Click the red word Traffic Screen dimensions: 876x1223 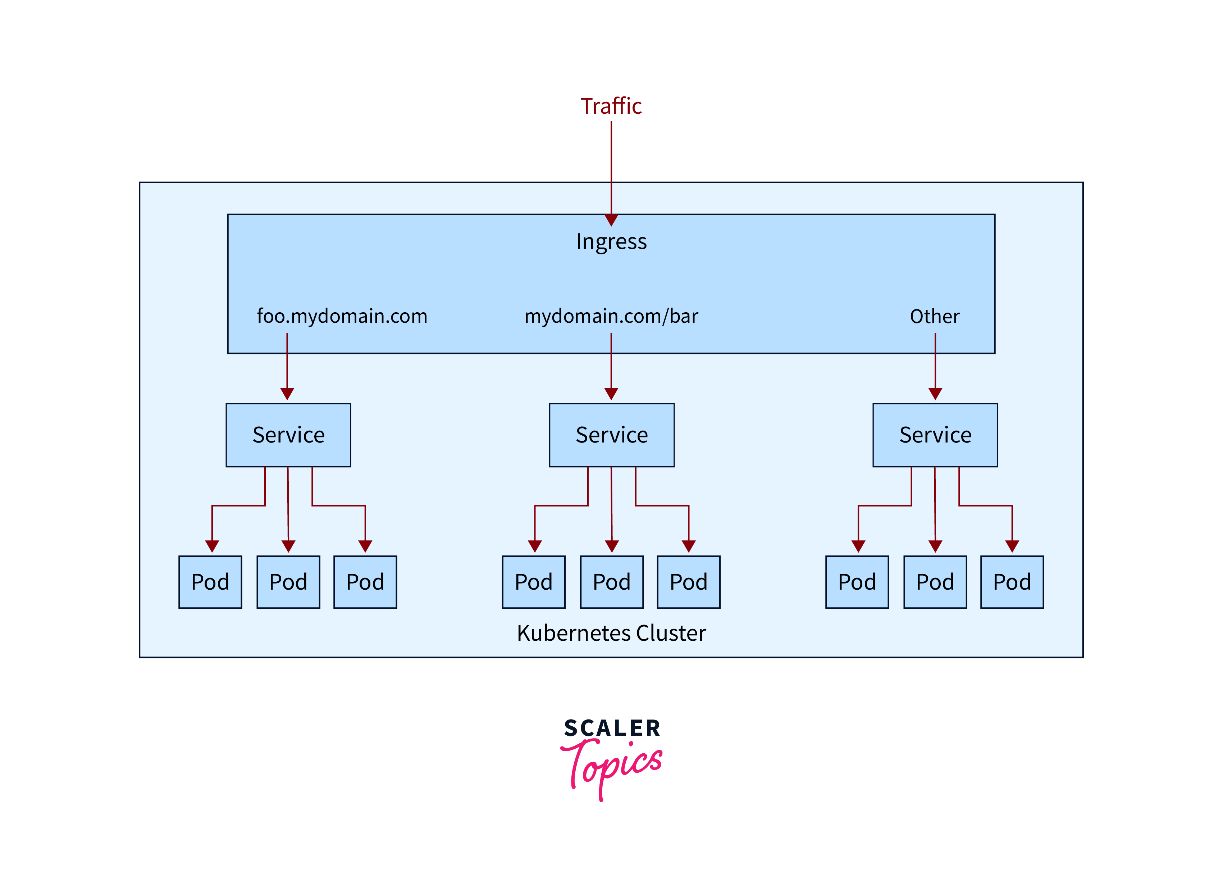click(611, 106)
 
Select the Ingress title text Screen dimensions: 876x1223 click(611, 241)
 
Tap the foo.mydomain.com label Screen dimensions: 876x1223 click(342, 316)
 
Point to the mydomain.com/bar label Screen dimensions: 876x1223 click(611, 316)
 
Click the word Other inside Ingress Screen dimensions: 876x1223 click(935, 316)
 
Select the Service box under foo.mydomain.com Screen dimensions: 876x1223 click(288, 435)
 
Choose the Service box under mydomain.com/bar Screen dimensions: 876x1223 click(611, 435)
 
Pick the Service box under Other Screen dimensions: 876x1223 click(935, 435)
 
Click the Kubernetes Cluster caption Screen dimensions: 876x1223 click(611, 633)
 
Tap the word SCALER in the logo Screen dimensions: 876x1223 click(612, 728)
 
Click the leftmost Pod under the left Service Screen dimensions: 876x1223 click(210, 582)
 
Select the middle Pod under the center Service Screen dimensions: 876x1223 click(611, 582)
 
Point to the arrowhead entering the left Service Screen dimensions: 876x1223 click(287, 394)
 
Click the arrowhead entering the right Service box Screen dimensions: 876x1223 click(935, 394)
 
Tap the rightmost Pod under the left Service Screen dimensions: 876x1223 click(365, 582)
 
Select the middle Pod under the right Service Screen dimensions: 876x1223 click(935, 582)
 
